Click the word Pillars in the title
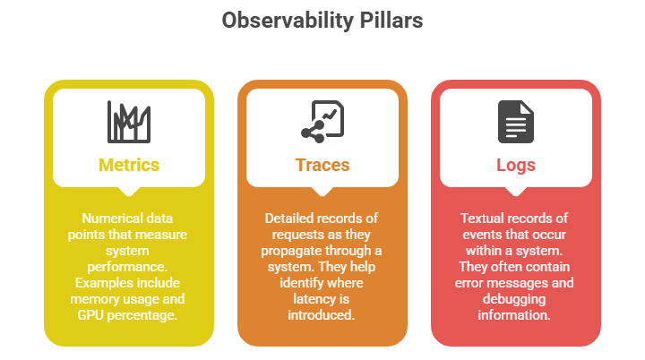click(391, 21)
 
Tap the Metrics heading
click(129, 165)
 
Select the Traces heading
click(322, 165)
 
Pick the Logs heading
click(516, 166)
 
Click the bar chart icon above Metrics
click(129, 122)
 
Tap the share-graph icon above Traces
click(322, 122)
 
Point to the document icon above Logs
click(516, 122)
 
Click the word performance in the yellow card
click(127, 268)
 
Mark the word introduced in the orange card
click(321, 315)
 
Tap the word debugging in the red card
click(514, 299)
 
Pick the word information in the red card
click(514, 315)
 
